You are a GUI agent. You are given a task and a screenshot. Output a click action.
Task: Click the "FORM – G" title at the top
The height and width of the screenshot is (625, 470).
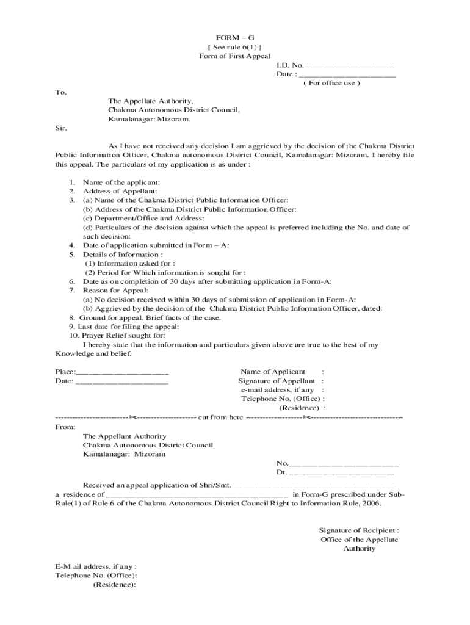pos(234,37)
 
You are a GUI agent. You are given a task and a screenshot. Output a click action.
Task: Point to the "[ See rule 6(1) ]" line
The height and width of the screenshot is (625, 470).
pos(234,46)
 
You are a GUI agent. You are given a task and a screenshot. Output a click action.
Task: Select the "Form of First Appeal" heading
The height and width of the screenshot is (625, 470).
pos(234,56)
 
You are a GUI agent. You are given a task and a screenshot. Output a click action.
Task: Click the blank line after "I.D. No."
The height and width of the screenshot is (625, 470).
pos(350,66)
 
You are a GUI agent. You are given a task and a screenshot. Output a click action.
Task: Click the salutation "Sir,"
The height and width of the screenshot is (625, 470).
pos(61,128)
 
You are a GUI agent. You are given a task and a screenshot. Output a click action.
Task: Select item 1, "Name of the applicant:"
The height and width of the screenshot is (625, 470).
pos(121,182)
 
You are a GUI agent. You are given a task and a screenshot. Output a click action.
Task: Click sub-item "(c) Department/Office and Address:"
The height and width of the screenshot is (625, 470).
pos(143,218)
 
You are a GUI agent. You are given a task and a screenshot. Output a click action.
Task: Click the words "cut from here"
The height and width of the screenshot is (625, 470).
pos(220,417)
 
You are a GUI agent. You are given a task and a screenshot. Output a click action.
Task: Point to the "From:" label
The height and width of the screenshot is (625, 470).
pos(65,427)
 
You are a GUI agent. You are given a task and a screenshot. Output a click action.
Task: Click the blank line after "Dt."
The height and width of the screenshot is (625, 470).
pos(341,473)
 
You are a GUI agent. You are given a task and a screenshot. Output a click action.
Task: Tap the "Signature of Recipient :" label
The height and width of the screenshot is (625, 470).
pos(359,530)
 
